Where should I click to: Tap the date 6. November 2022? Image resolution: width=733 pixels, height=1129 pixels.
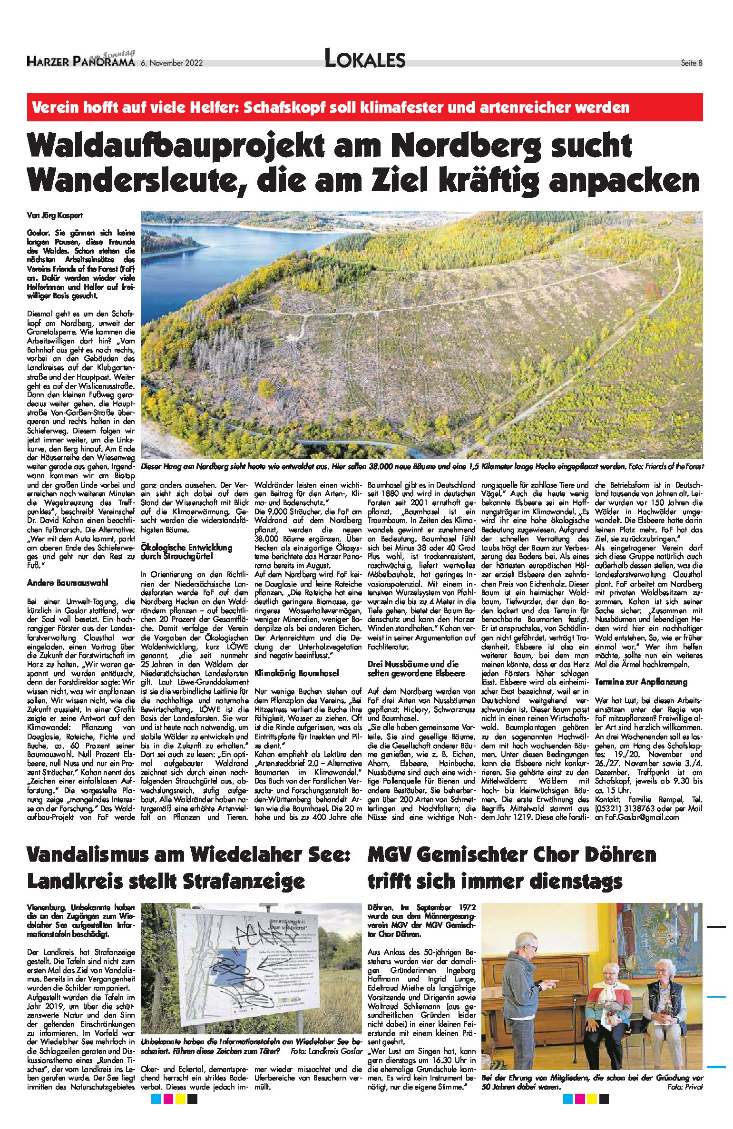point(172,63)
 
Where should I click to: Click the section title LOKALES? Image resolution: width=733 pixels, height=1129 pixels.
point(364,59)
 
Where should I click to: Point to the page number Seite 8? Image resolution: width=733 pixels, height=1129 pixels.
point(691,63)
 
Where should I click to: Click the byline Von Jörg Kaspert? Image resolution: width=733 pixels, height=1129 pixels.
point(55,215)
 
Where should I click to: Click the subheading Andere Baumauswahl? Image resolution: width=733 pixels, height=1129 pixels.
point(68,582)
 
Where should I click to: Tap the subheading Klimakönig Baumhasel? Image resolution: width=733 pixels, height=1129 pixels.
point(296,673)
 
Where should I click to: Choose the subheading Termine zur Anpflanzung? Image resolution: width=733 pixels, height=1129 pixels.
point(641,682)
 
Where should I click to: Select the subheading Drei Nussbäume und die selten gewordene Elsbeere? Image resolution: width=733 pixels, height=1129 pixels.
point(413,668)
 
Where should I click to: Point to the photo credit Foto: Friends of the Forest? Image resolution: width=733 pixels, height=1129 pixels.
point(665,467)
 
